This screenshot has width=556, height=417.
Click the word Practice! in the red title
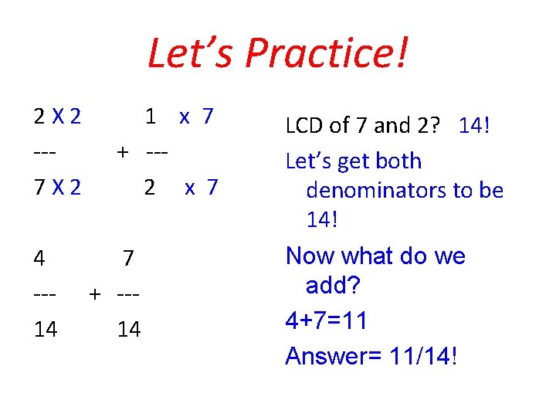[327, 54]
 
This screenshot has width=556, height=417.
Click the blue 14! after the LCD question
[474, 125]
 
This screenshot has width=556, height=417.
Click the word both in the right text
[395, 161]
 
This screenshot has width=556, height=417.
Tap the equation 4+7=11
[326, 321]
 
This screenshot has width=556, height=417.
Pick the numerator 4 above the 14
[39, 258]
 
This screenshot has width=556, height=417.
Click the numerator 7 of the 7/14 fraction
[129, 258]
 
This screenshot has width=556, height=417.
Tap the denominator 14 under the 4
[46, 330]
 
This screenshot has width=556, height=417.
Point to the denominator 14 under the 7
[129, 330]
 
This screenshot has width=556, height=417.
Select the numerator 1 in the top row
[151, 117]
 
